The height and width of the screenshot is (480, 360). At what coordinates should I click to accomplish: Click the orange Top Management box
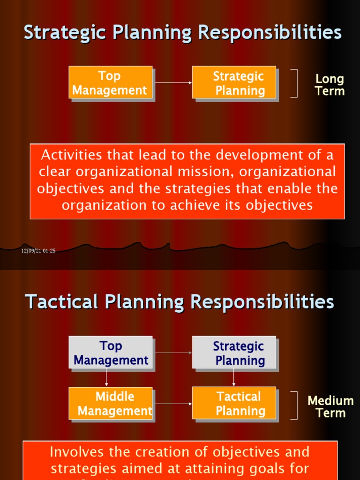tap(110, 82)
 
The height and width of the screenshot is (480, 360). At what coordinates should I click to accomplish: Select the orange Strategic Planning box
tap(234, 82)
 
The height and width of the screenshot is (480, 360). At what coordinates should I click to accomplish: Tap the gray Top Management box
tap(111, 352)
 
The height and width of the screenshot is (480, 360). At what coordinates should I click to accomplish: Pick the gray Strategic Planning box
tap(234, 352)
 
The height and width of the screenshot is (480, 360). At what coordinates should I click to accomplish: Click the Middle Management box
tap(111, 403)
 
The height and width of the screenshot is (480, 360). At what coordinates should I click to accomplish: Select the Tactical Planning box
tap(234, 403)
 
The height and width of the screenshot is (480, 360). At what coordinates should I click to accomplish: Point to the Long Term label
tap(330, 85)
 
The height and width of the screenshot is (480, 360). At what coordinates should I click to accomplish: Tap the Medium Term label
tap(330, 406)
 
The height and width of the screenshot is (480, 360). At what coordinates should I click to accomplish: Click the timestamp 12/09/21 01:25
tap(38, 251)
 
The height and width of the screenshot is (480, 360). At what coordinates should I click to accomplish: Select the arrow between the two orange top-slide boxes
tap(172, 82)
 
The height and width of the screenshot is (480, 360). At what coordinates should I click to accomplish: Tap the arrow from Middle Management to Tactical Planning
tap(172, 403)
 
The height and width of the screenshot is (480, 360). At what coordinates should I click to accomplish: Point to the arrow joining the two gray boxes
tap(172, 352)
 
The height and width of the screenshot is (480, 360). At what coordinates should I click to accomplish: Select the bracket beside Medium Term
tap(295, 405)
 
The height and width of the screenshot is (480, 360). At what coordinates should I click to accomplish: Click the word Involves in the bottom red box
tap(76, 452)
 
